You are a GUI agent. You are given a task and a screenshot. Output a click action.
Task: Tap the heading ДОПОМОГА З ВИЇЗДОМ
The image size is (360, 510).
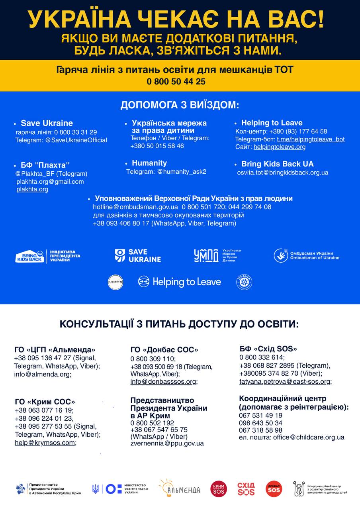tap(180, 105)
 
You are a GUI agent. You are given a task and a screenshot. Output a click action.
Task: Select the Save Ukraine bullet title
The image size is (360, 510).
tap(47, 123)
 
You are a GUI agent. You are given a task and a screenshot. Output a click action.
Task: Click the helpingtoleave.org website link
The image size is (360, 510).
tap(280, 147)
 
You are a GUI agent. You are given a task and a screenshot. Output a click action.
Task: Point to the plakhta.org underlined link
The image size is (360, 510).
tap(32, 189)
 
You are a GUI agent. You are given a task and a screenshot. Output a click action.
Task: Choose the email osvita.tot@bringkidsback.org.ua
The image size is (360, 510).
tap(283, 173)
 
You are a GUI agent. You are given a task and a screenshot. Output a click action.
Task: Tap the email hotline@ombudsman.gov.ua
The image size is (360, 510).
tap(135, 207)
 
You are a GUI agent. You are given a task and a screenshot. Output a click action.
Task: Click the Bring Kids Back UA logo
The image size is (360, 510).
tap(48, 256)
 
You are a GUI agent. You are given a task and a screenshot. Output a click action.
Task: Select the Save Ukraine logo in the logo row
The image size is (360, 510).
tap(138, 255)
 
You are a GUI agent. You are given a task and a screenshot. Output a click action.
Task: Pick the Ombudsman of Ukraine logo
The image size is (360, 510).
tap(307, 255)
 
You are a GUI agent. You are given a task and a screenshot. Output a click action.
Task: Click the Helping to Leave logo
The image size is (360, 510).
tap(180, 282)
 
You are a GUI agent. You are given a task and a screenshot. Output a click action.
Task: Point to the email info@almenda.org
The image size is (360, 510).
tap(42, 374)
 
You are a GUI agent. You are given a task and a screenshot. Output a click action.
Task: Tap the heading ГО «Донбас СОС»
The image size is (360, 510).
tap(164, 350)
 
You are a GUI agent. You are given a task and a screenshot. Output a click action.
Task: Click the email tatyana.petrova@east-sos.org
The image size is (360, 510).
tap(285, 381)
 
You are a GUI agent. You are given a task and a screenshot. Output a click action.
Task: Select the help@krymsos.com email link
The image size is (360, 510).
tap(45, 443)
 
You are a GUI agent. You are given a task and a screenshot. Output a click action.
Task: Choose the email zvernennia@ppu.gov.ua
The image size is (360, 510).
tap(167, 443)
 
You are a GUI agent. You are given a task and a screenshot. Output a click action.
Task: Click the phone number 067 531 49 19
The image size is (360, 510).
tap(261, 415)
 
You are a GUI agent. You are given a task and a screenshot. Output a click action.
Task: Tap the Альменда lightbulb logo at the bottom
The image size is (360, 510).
tap(180, 488)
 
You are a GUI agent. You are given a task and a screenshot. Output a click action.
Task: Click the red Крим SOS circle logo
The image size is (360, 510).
tap(219, 489)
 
